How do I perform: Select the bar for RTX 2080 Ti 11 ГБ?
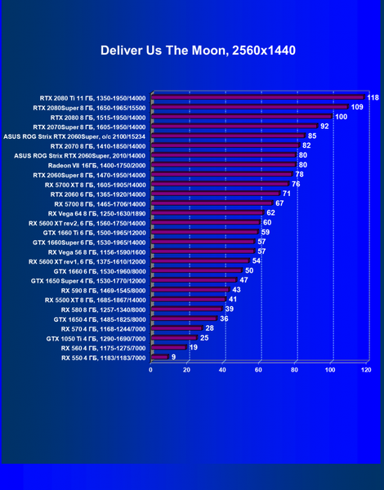[x=258, y=97]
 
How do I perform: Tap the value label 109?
[x=357, y=107]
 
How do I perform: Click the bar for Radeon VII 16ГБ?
[x=224, y=165]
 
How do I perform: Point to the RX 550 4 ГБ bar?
[x=160, y=357]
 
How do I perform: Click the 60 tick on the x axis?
[x=258, y=370]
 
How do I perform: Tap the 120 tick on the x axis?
[x=366, y=370]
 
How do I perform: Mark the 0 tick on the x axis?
[x=150, y=370]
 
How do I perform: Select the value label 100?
[x=342, y=117]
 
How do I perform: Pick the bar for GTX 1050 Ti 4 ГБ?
[x=174, y=337]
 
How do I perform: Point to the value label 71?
[x=287, y=194]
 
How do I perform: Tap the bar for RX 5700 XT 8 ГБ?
[x=220, y=184]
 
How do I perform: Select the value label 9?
[x=173, y=357]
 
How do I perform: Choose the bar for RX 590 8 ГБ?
[x=190, y=290]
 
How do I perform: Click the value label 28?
[x=209, y=328]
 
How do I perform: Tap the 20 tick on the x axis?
[x=186, y=370]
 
